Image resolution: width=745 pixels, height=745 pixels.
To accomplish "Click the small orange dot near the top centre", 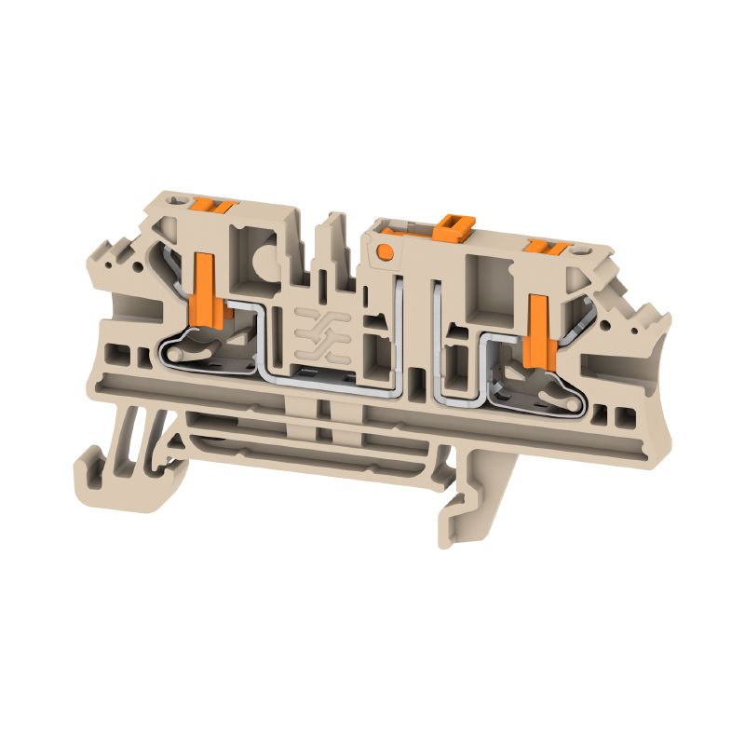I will [x=382, y=250].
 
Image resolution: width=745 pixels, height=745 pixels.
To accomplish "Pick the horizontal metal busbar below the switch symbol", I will [x=317, y=374].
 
